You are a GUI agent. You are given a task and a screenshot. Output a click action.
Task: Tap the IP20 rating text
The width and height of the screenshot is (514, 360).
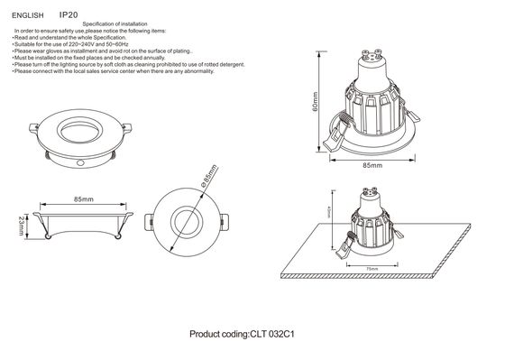click(x=69, y=14)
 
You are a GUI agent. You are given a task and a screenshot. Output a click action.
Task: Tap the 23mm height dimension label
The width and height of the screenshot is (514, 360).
click(x=19, y=226)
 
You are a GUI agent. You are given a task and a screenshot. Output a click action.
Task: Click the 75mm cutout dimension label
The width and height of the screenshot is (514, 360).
click(x=372, y=268)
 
